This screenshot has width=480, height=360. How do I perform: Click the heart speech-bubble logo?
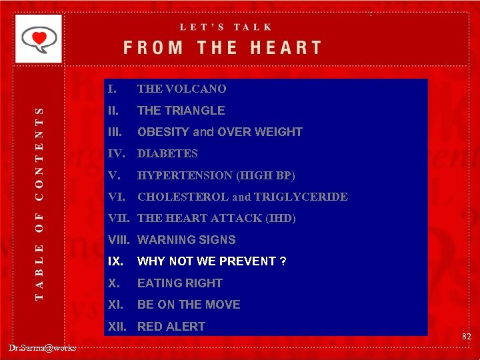tap(39, 39)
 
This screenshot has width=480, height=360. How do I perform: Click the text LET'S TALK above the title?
tap(226, 27)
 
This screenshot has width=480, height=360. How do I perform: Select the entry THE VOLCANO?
tap(181, 89)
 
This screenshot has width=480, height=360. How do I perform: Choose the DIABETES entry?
tap(167, 153)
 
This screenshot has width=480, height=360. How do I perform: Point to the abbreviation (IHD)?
tap(280, 218)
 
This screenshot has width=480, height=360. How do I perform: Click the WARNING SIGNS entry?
tap(186, 240)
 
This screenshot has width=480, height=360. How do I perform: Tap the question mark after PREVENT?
tap(283, 261)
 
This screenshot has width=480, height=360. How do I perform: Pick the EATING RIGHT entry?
tap(179, 283)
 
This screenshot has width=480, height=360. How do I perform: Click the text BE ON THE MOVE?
tap(189, 305)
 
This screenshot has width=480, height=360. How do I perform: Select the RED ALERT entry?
tap(171, 327)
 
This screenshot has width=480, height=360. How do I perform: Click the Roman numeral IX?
tap(115, 261)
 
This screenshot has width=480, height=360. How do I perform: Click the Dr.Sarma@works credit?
tap(43, 347)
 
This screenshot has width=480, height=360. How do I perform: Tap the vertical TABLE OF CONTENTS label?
tap(39, 203)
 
